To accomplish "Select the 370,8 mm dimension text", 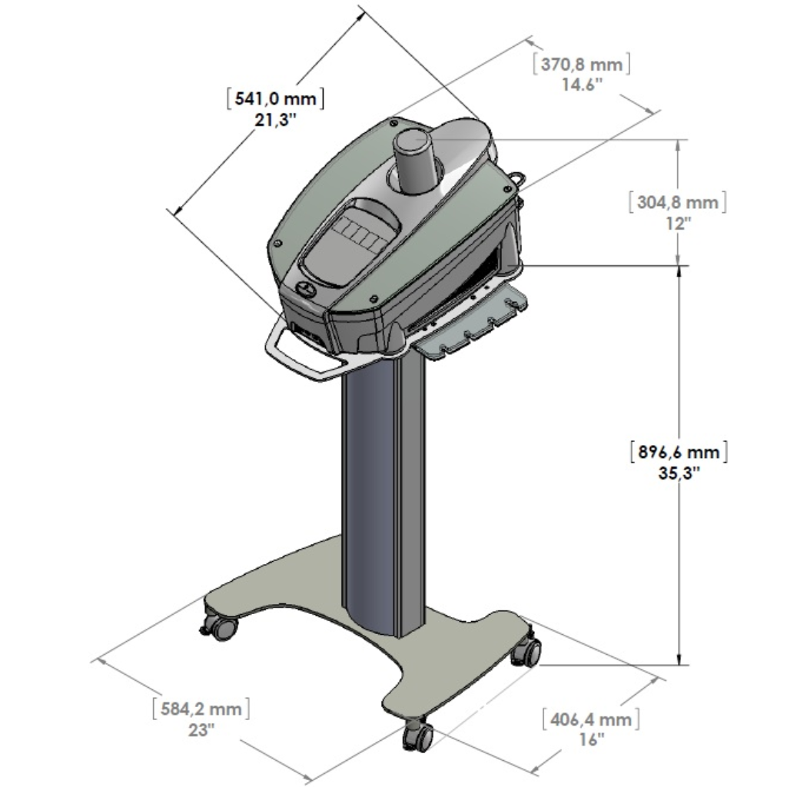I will (582, 65).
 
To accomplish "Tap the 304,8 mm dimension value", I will (677, 203).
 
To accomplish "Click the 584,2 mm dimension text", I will (201, 709).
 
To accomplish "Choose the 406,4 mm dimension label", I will (590, 719).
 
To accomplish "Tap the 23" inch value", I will (201, 730).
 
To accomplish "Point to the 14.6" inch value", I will (582, 85).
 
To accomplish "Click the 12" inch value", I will (678, 223).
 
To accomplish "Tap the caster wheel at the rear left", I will (221, 627).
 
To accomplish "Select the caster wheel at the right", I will (527, 652).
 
